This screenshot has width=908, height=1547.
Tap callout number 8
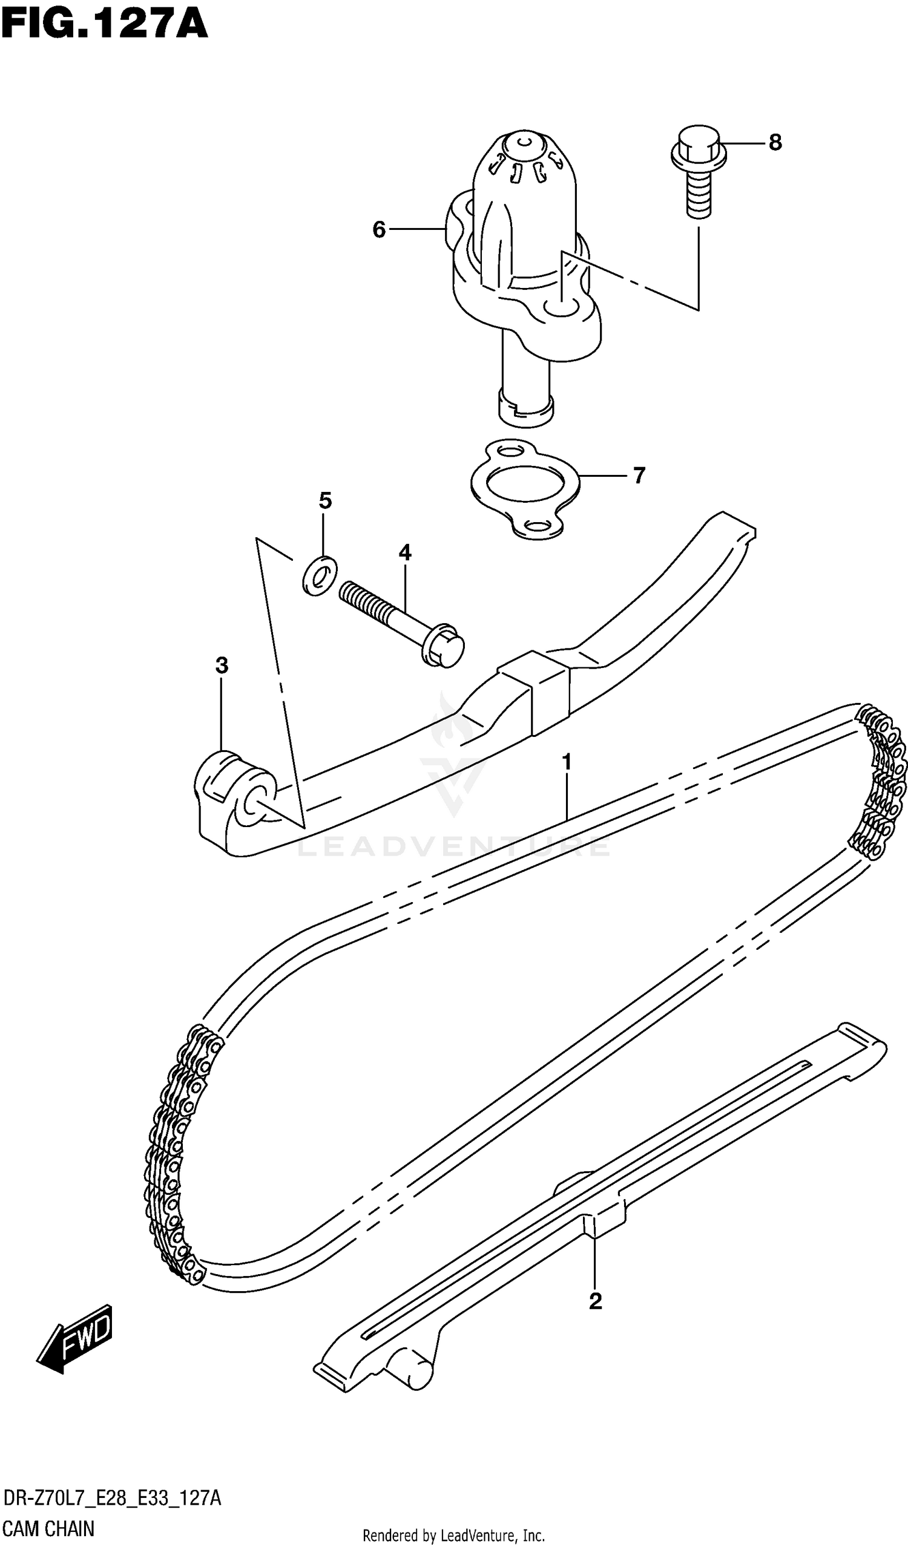(x=775, y=142)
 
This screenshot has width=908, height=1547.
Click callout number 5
(x=325, y=501)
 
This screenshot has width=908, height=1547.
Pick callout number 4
(x=404, y=552)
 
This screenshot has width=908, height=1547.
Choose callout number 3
(x=222, y=665)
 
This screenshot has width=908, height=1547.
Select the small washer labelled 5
(x=320, y=576)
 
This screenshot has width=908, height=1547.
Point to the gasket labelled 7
(x=524, y=489)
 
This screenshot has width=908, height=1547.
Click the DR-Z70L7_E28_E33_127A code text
(x=112, y=1500)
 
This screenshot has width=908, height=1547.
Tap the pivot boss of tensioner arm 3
(x=235, y=793)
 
